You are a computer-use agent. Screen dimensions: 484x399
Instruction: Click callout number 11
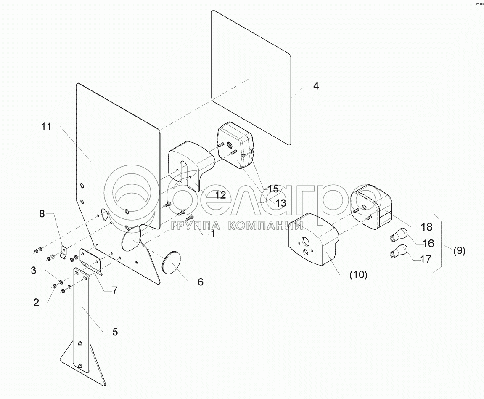click(46, 126)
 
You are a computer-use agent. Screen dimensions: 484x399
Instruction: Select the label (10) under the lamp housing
click(357, 275)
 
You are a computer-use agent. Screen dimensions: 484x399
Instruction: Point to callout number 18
click(426, 227)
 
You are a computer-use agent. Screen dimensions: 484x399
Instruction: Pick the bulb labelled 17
click(397, 254)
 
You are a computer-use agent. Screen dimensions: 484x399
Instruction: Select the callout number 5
click(114, 332)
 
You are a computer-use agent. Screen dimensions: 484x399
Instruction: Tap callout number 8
click(42, 213)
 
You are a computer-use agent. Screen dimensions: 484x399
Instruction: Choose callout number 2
click(36, 302)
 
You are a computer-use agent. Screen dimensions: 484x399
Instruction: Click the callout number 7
click(114, 290)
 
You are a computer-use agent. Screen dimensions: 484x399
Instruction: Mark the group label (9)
click(459, 251)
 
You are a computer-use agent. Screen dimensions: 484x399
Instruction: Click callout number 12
click(220, 195)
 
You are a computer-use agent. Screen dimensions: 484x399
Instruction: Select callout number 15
click(274, 189)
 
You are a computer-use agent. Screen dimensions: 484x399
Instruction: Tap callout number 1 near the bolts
click(213, 234)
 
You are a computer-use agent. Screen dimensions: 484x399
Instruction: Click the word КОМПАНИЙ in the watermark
click(265, 226)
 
